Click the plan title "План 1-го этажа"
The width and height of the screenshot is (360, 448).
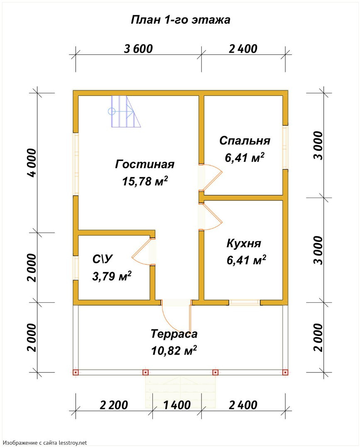click(x=181, y=20)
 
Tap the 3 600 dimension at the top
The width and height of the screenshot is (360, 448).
click(x=138, y=49)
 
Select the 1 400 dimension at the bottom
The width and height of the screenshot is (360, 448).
click(x=177, y=405)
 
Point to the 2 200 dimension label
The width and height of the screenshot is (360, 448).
click(x=114, y=405)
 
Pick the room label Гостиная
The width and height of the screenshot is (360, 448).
click(x=144, y=164)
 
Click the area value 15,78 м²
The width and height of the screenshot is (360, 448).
click(x=145, y=181)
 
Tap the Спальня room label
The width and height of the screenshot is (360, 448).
click(x=245, y=141)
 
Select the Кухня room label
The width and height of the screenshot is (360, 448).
click(x=244, y=243)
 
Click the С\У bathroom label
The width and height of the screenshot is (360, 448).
click(x=103, y=259)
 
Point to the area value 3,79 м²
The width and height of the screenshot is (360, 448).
click(x=112, y=276)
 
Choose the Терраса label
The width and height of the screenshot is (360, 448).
click(x=174, y=334)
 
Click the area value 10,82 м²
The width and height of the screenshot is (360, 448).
click(x=174, y=350)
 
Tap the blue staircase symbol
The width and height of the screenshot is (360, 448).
click(x=125, y=112)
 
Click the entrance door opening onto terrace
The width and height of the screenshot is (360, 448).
click(x=176, y=317)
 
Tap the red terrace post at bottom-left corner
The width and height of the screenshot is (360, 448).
click(x=76, y=372)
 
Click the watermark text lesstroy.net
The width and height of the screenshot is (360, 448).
click(x=73, y=443)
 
